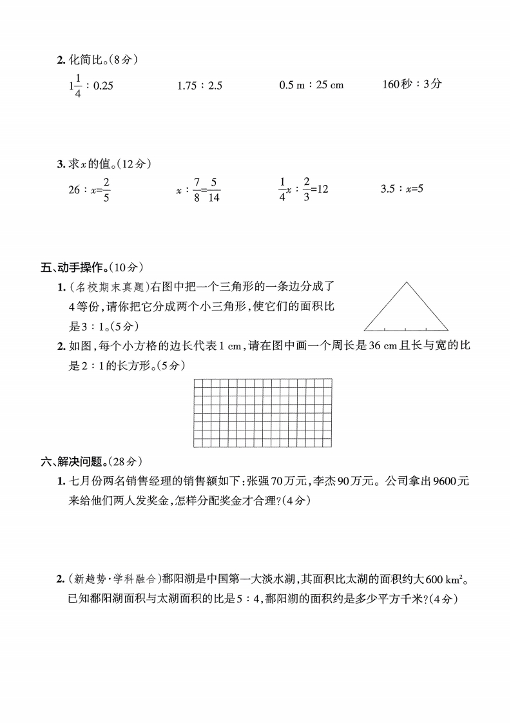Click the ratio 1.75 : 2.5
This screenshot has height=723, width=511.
tap(199, 85)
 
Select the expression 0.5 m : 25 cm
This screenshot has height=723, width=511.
tap(311, 85)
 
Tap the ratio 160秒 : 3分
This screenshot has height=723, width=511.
tap(412, 84)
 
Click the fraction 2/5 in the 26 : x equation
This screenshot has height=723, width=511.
tap(106, 190)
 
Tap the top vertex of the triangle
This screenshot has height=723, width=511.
tap(407, 282)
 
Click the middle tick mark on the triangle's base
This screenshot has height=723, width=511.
tap(407, 329)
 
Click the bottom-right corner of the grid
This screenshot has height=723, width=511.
tap(332, 447)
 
